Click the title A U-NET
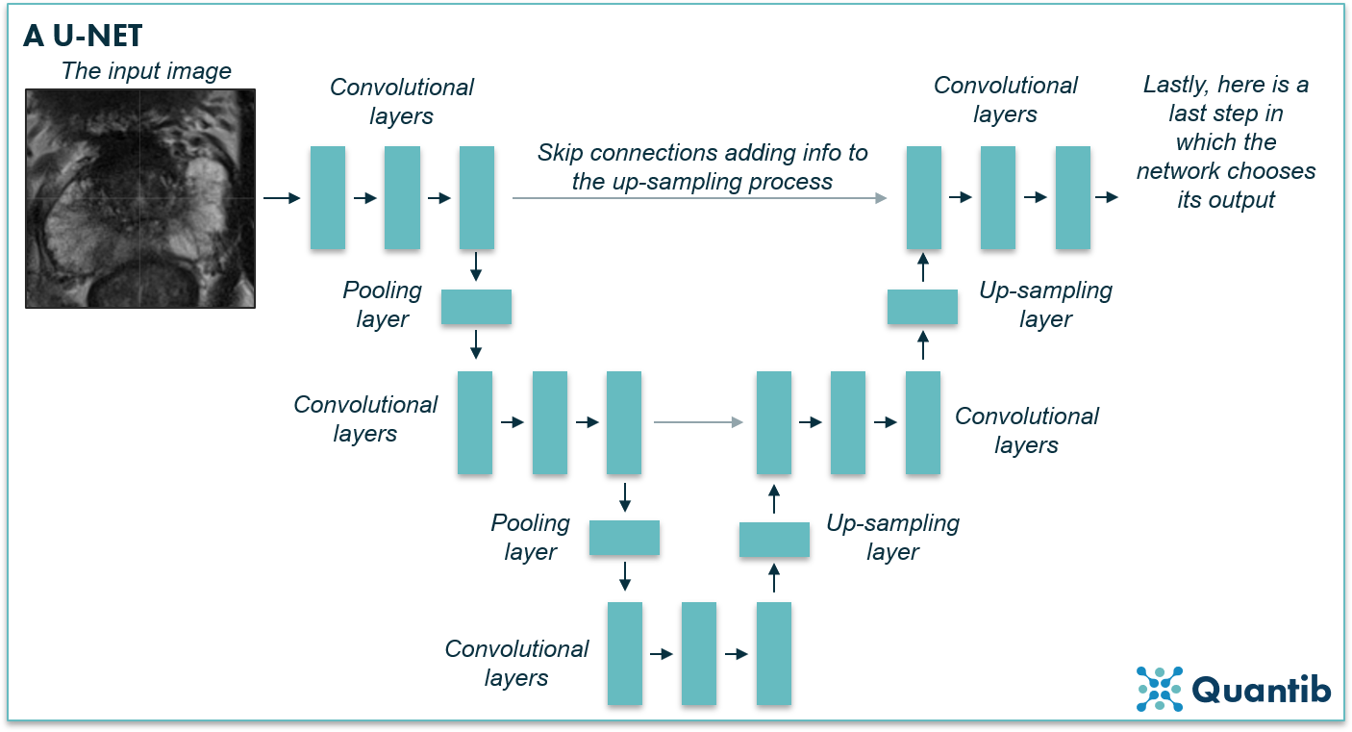tap(83, 36)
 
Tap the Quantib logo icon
tap(1159, 689)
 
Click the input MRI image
tap(140, 198)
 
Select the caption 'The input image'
tap(146, 71)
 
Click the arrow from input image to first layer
tap(281, 198)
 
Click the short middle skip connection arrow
tap(698, 421)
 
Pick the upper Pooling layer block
tap(476, 307)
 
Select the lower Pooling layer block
tap(624, 538)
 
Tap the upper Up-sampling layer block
tap(922, 307)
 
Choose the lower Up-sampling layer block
tap(774, 540)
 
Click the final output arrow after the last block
tap(1107, 197)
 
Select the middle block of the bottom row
tap(699, 654)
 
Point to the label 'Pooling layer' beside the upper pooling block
tap(383, 305)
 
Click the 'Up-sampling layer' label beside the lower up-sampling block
tap(893, 538)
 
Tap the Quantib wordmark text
tap(1262, 690)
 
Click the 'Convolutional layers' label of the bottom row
tap(516, 663)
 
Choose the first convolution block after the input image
tap(328, 198)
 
